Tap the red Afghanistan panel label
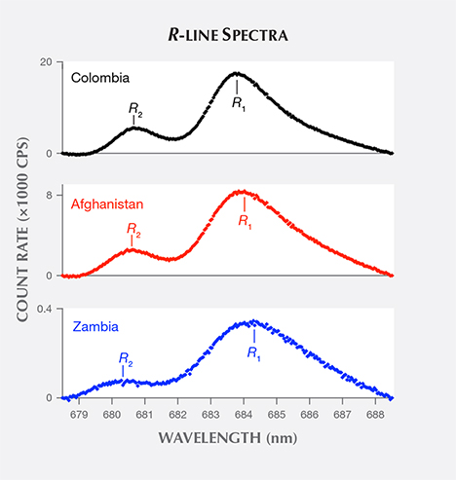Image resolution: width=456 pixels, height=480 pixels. click(x=107, y=204)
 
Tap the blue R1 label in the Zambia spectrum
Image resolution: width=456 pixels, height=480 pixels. click(x=253, y=351)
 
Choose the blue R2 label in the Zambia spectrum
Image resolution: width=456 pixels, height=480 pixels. click(x=124, y=358)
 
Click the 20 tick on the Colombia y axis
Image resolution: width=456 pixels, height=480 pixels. click(x=45, y=61)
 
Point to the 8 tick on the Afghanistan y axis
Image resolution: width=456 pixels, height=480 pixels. click(x=49, y=195)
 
